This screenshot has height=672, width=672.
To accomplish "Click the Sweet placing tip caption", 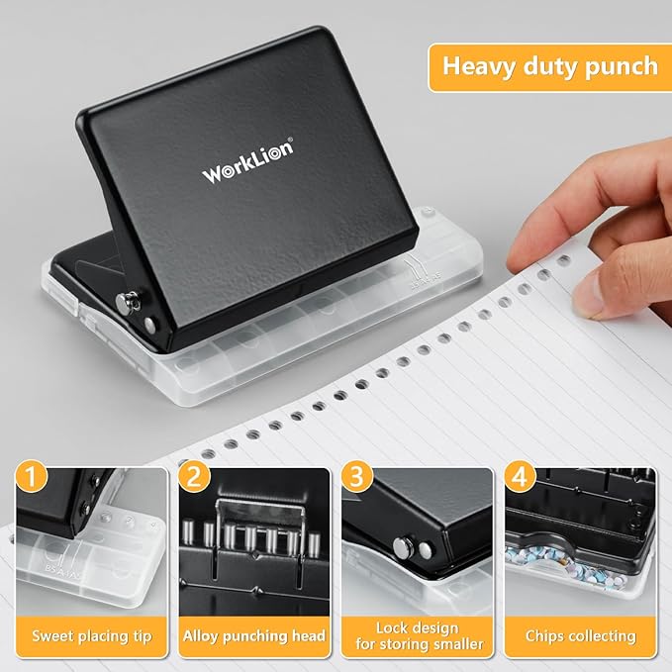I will pyautogui.click(x=92, y=634).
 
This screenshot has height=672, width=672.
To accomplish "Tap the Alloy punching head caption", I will pyautogui.click(x=254, y=634).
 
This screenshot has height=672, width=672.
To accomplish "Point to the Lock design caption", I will pyautogui.click(x=417, y=626).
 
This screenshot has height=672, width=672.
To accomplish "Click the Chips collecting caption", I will pyautogui.click(x=579, y=634).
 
